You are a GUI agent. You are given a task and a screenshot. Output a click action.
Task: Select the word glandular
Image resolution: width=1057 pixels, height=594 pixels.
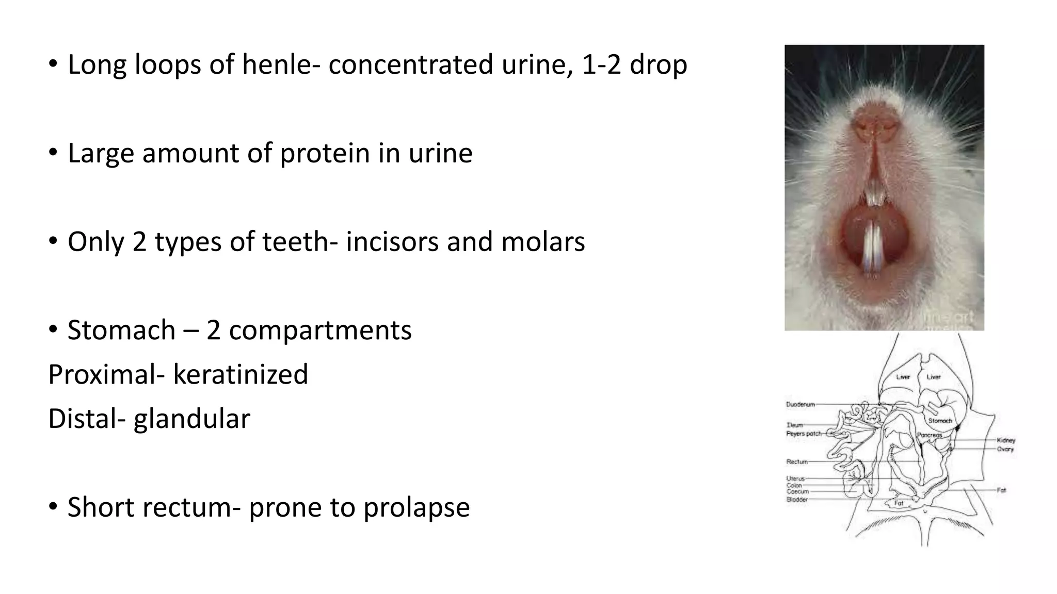[x=191, y=419]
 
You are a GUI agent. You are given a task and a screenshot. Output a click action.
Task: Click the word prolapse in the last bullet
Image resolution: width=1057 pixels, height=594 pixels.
[x=410, y=507]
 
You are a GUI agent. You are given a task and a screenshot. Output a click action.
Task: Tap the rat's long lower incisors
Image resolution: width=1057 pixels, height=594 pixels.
[x=873, y=247]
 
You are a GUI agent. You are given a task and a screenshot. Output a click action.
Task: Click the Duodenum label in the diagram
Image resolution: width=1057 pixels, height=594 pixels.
[x=800, y=405]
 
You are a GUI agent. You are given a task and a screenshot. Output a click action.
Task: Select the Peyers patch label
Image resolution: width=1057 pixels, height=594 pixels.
[x=804, y=434]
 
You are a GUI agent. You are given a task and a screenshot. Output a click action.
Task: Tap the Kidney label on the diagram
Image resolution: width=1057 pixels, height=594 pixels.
[x=1006, y=440]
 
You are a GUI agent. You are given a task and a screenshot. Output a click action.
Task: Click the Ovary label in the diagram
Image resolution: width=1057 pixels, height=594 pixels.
[x=1005, y=449]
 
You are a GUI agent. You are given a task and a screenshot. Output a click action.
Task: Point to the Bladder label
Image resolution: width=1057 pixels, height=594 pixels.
[x=797, y=500]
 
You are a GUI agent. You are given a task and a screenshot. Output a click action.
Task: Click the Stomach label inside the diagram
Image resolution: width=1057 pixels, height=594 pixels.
[x=940, y=421]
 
